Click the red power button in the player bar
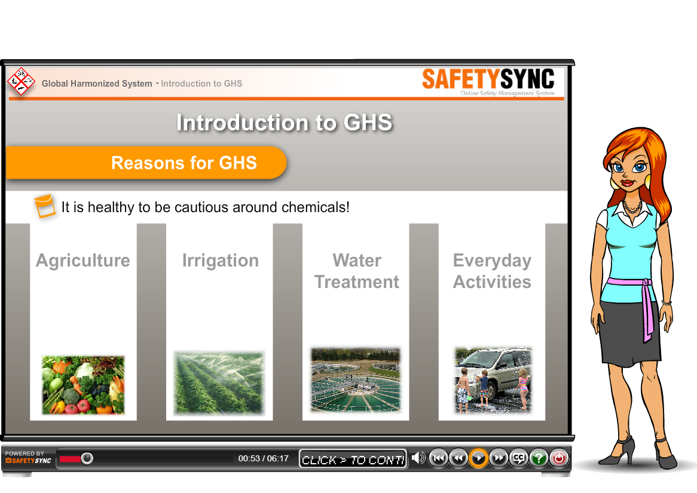coord(559,458)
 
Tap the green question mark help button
coord(539,458)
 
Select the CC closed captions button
coord(519,458)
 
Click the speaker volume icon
coord(418,457)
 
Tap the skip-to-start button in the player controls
coord(438,458)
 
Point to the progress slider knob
coord(87,458)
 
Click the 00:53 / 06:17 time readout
coord(264,458)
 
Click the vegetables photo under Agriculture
coord(83,385)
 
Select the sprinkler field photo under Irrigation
coord(219,383)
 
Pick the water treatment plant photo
coord(356,380)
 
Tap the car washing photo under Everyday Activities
coord(493,380)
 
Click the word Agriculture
coord(83,261)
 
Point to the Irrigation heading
coord(221,261)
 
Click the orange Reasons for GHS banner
coord(146,163)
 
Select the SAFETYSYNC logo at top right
coord(488,81)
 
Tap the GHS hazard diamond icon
coord(21,81)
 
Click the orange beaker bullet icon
coord(45,206)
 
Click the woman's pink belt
coord(635,293)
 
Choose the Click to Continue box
coord(353,459)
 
